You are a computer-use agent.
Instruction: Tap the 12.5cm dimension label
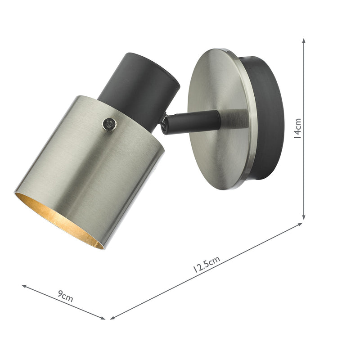[x=207, y=265]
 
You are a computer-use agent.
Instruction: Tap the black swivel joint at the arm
[x=166, y=123]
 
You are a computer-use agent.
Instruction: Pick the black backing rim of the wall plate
[x=270, y=117]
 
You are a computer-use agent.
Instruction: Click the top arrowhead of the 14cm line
[x=304, y=40]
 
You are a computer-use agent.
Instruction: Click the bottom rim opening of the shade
[x=58, y=220]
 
